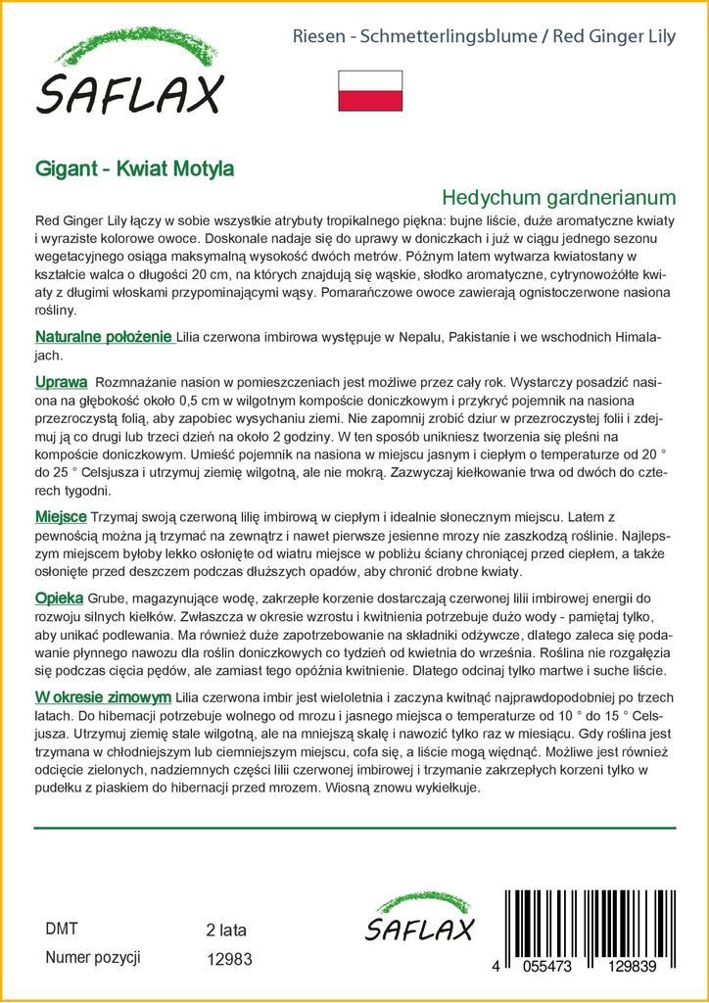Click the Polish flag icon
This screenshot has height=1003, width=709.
tap(369, 90)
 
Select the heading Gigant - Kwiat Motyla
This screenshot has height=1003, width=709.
tap(134, 167)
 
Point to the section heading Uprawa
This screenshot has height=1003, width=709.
tap(61, 381)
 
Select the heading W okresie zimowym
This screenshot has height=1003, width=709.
tap(103, 696)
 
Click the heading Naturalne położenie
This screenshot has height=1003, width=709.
tap(104, 337)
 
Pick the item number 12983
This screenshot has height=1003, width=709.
tap(230, 961)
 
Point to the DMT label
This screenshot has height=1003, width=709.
tap(62, 930)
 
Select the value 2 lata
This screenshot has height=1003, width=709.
tap(226, 931)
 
